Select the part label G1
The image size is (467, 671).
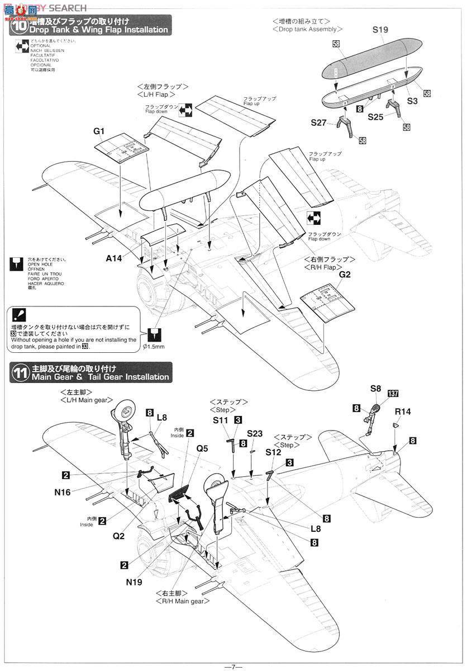(99, 131)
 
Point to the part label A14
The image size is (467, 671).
(116, 259)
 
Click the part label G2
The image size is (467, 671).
(345, 275)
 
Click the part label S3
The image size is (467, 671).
(412, 101)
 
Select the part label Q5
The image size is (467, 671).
(202, 448)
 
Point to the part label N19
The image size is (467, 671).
(135, 582)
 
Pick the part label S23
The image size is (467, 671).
(254, 433)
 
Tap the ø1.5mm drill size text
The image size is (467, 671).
(153, 347)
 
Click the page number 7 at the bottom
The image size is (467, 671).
(233, 666)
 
